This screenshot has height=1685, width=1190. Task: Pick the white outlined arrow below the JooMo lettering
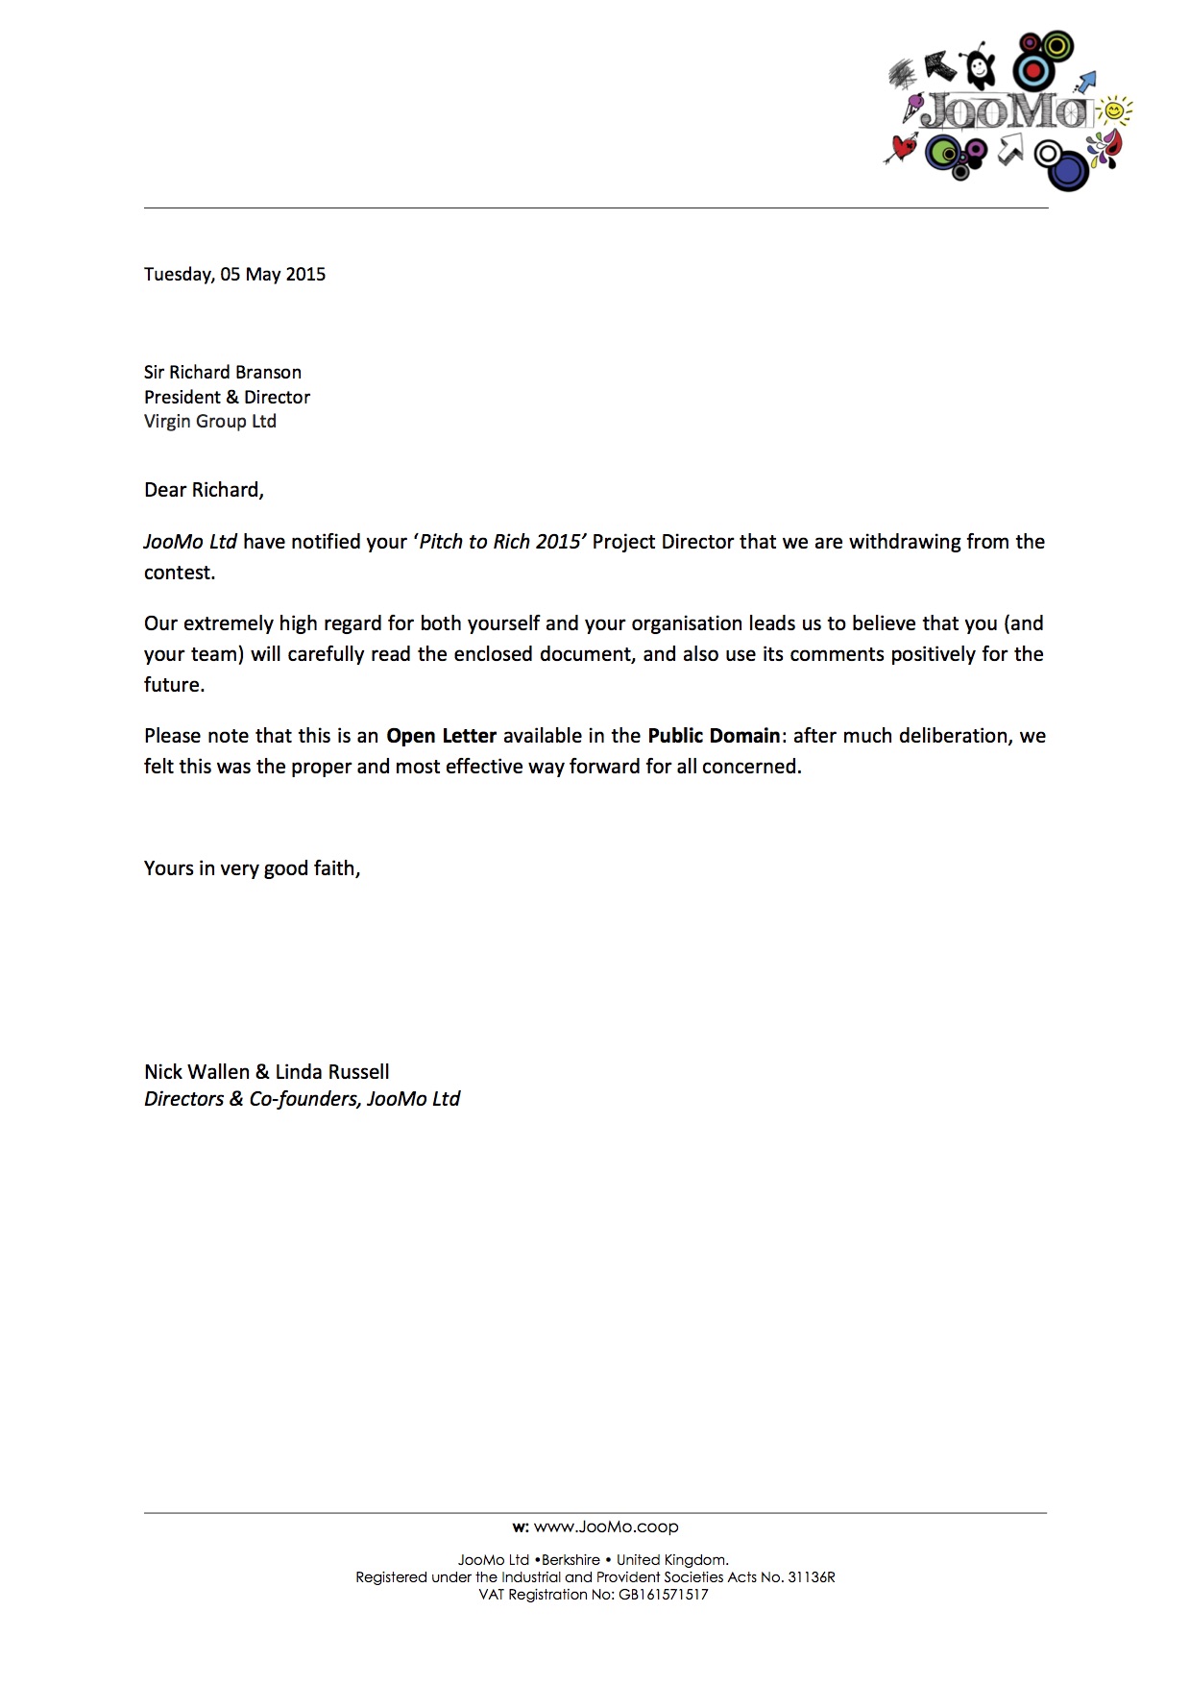(x=1009, y=149)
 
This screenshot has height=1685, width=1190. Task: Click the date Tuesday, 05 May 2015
(x=234, y=274)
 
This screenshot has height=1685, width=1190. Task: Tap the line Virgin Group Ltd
(x=210, y=421)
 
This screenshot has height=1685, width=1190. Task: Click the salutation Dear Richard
(x=204, y=490)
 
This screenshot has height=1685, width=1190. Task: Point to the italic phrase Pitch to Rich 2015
(x=500, y=541)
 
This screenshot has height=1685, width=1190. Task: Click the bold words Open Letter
(x=441, y=736)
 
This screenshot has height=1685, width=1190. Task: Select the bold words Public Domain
(x=714, y=736)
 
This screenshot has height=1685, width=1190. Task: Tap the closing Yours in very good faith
(x=252, y=868)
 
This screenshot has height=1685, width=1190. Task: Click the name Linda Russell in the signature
(x=332, y=1071)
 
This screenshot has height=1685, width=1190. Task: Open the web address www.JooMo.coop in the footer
(x=605, y=1526)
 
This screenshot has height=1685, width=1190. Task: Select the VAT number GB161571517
(x=663, y=1595)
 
